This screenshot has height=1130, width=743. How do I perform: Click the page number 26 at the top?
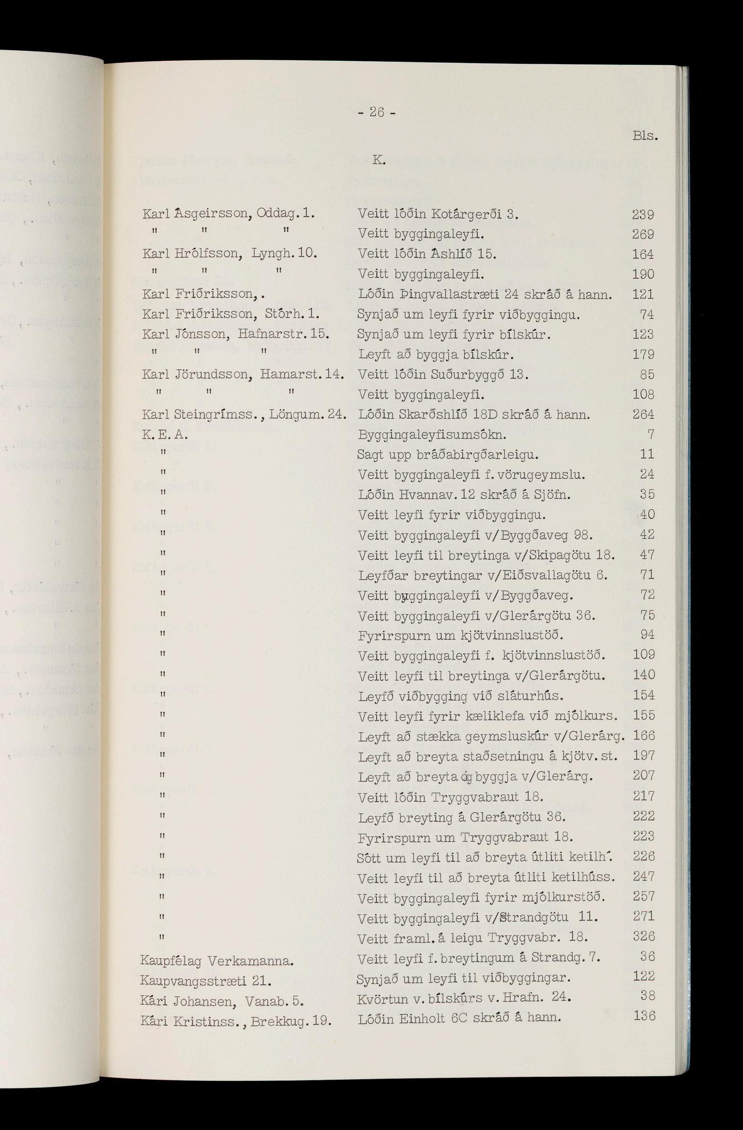[x=376, y=113]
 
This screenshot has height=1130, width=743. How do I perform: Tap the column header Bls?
[x=645, y=136]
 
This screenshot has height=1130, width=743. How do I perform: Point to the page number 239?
[x=643, y=215]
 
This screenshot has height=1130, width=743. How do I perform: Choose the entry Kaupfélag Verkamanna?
[x=218, y=961]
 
